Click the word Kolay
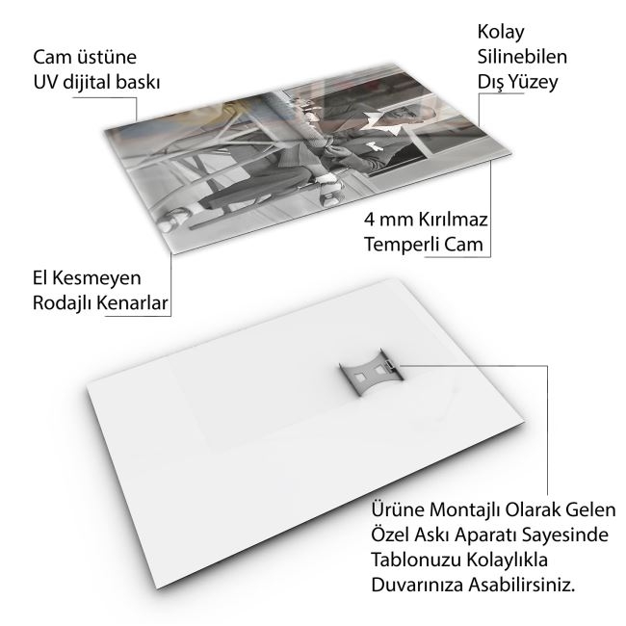click(501, 33)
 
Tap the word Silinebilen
click(522, 57)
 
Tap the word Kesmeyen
click(96, 278)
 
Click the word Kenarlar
click(133, 303)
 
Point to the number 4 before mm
click(369, 220)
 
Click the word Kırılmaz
click(454, 220)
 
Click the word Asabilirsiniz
click(522, 585)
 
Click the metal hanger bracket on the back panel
click(372, 373)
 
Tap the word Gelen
click(594, 510)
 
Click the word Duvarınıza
click(417, 585)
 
